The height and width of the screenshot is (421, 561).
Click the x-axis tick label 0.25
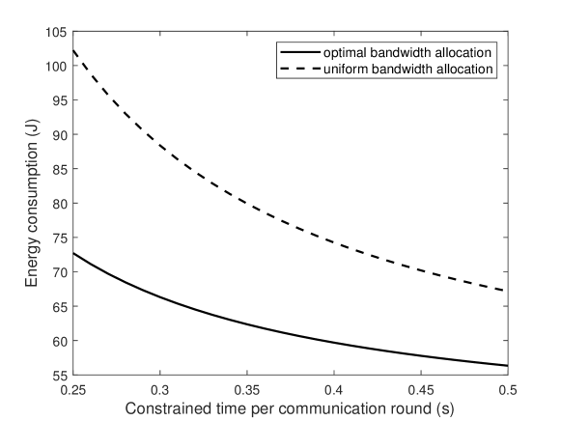pyautogui.click(x=72, y=389)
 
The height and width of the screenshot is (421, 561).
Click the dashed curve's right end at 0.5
pyautogui.click(x=507, y=291)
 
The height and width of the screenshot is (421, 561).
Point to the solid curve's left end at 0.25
pyautogui.click(x=73, y=253)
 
